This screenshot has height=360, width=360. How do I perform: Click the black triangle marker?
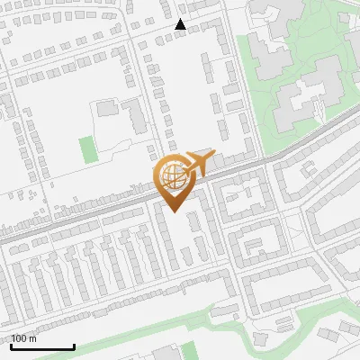click(x=181, y=24)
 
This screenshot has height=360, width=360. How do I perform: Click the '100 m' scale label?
click(x=24, y=338)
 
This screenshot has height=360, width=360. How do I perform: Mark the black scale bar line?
click(x=42, y=346)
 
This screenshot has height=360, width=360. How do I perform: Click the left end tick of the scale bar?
click(x=11, y=345)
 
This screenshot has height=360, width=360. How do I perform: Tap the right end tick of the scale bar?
click(x=74, y=345)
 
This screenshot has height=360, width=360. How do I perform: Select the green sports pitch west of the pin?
click(x=87, y=148)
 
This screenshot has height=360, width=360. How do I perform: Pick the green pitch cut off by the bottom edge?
click(x=189, y=351)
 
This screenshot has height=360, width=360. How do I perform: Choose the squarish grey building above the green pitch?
click(x=107, y=108)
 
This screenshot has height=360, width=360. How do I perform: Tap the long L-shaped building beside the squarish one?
click(x=134, y=117)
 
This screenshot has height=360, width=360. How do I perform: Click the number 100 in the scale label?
click(x=19, y=338)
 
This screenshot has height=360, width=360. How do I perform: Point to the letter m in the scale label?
click(x=33, y=339)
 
